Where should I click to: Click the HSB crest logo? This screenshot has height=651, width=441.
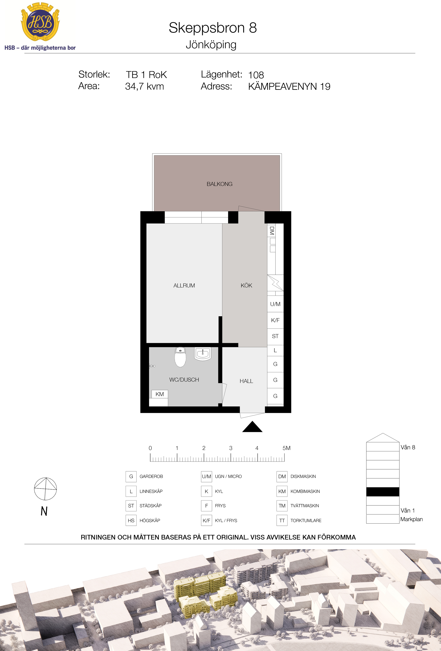tap(40, 22)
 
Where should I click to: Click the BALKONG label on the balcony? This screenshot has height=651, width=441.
tap(220, 184)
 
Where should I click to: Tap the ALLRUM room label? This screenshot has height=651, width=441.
tap(184, 285)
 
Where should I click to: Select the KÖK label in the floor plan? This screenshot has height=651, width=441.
tap(246, 285)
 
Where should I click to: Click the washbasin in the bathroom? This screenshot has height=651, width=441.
tap(203, 354)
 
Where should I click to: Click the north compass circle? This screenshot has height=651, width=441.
tap(45, 489)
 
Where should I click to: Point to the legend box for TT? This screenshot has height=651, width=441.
tap(282, 521)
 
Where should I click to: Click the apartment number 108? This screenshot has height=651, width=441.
tap(256, 75)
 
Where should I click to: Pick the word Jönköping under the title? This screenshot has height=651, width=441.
tap(211, 45)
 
